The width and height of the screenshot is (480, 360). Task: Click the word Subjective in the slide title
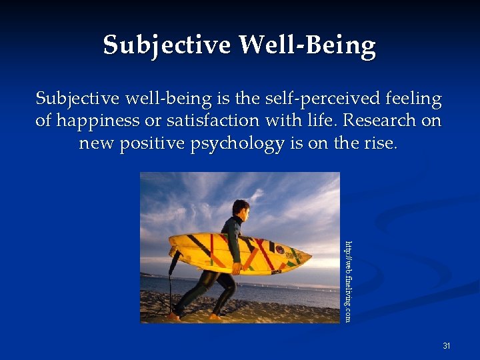click(x=167, y=45)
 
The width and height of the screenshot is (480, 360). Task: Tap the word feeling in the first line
click(x=414, y=99)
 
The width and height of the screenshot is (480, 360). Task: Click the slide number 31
click(x=447, y=346)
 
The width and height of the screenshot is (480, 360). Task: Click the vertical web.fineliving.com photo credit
click(x=348, y=281)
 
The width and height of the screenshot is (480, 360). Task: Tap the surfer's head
click(x=241, y=210)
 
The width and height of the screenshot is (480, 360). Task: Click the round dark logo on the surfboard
click(x=279, y=251)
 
